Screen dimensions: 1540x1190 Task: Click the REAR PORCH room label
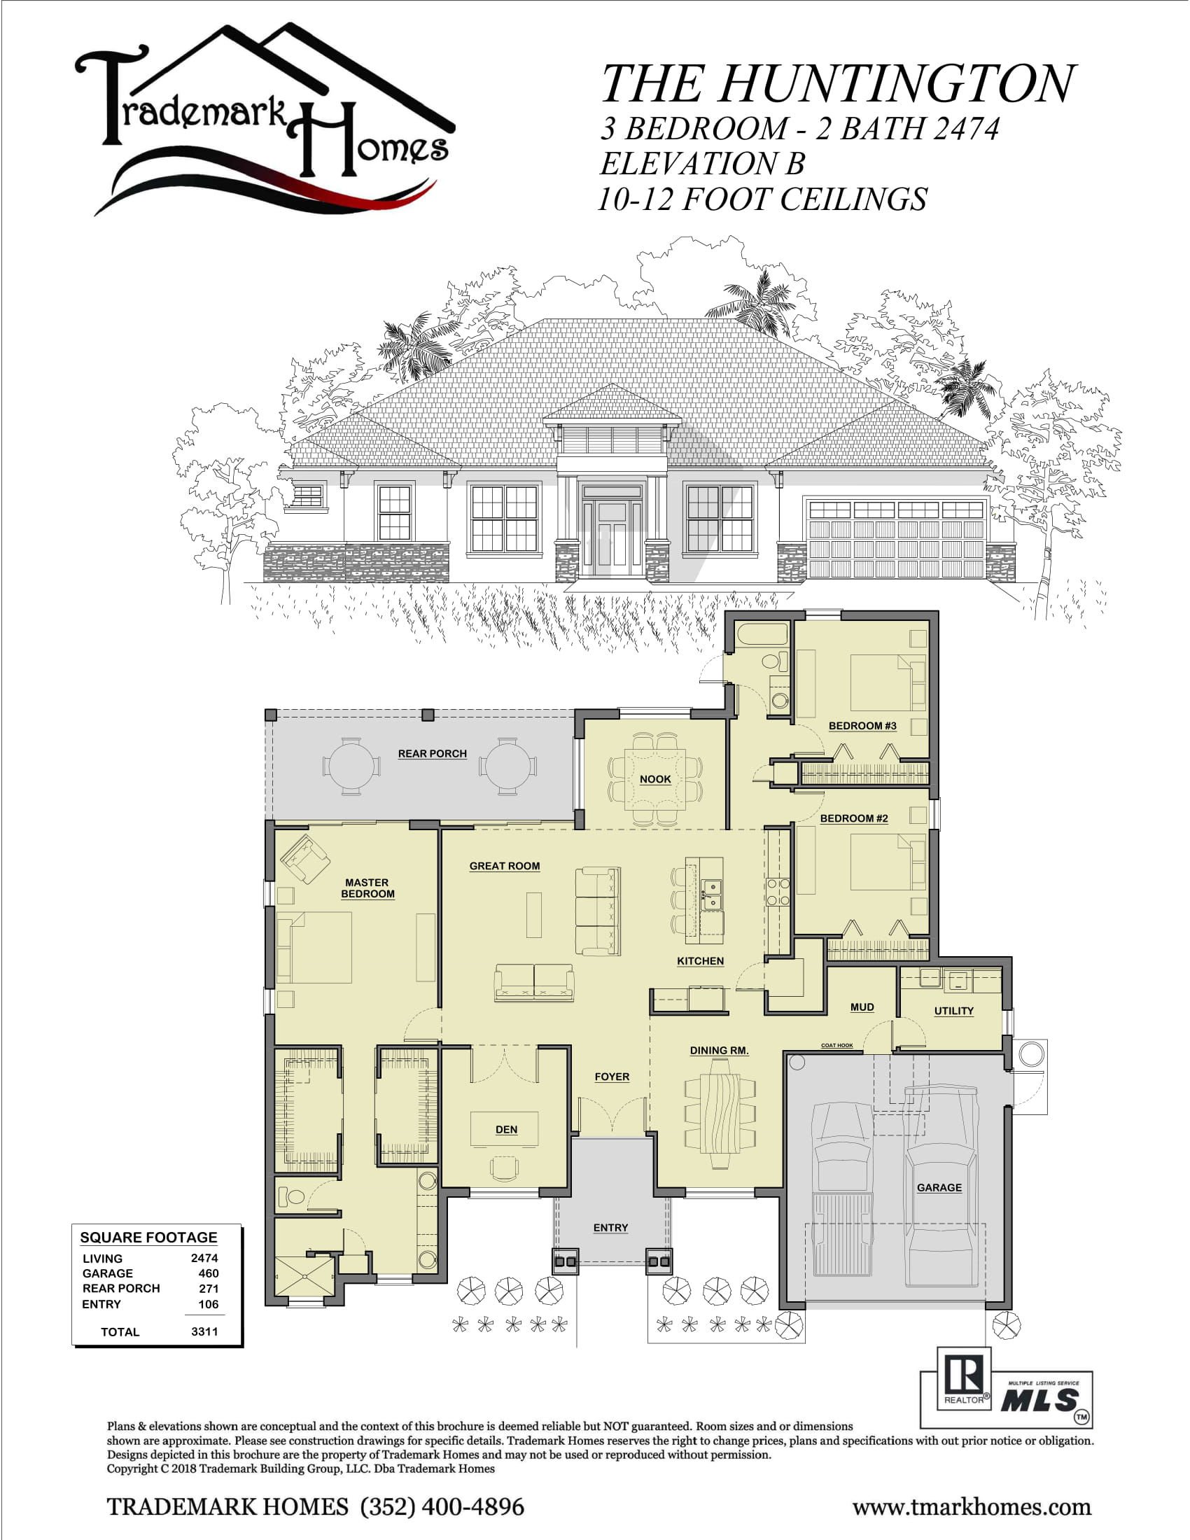tap(432, 753)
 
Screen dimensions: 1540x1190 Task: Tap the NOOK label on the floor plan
tap(655, 778)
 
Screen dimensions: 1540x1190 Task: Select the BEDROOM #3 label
tap(862, 726)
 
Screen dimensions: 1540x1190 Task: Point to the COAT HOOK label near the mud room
tap(836, 1046)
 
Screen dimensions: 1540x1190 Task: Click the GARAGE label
tap(938, 1187)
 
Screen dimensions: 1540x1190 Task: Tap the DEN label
tap(506, 1129)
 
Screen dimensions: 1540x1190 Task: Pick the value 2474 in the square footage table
tap(204, 1258)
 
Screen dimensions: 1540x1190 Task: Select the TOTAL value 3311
tap(204, 1331)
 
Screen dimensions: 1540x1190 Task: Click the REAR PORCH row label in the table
tap(121, 1288)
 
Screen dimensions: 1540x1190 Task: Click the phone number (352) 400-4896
tap(442, 1507)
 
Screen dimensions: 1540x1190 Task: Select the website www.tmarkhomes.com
tap(972, 1507)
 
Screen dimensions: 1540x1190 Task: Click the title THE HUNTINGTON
tap(837, 83)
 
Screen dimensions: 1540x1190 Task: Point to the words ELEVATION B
tap(702, 164)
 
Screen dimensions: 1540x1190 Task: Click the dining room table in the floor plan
tap(720, 1114)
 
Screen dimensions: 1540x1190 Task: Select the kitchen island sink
tap(712, 894)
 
